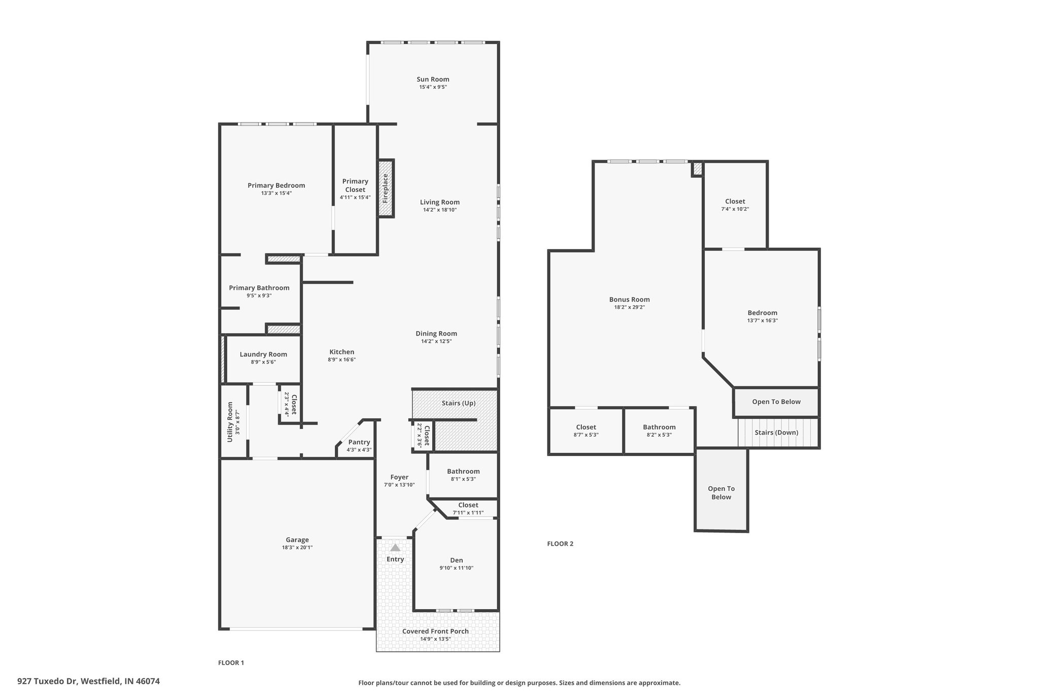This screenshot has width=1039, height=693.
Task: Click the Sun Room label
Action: (433, 79)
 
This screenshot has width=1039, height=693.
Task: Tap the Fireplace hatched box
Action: (386, 188)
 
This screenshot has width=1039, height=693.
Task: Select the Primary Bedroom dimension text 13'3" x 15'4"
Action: (276, 193)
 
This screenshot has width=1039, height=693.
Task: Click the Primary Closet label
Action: (355, 185)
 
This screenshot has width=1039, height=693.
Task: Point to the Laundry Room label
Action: (263, 354)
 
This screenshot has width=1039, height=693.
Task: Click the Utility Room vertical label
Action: (230, 422)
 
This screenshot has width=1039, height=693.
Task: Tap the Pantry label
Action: (359, 442)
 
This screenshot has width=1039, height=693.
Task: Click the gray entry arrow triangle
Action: (395, 548)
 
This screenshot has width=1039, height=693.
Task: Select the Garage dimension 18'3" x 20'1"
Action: (297, 547)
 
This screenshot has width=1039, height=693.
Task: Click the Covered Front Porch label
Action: (435, 631)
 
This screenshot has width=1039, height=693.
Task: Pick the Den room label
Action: (457, 560)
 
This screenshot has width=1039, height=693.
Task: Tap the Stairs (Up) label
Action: (459, 403)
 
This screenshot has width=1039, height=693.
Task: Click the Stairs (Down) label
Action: (776, 433)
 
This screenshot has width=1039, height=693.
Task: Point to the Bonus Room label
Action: (630, 300)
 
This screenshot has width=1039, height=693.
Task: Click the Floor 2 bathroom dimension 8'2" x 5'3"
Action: (660, 435)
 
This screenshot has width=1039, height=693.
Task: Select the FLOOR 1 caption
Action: (231, 663)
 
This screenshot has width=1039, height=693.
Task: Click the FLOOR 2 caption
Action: (560, 544)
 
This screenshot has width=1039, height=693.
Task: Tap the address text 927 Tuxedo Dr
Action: (47, 681)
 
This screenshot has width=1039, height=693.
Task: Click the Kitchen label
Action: (342, 352)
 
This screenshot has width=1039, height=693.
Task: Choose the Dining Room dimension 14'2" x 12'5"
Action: (436, 341)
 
